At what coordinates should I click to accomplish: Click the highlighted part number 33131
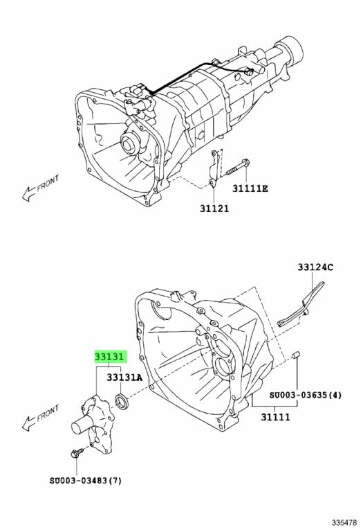pos(111,357)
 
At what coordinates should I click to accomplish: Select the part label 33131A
pos(124,378)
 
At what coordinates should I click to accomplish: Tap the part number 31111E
pos(250,188)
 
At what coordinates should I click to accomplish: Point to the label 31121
pos(214,209)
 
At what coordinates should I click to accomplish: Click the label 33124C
pos(315,267)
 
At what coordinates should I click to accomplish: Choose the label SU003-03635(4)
pos(306,395)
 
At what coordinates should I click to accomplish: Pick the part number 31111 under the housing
pos(275,416)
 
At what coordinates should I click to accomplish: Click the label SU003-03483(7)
pos(85,481)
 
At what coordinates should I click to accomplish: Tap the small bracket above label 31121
pos(214,168)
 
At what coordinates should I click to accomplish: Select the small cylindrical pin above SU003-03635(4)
pos(296,355)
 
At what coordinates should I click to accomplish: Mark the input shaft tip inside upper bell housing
pos(129,143)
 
